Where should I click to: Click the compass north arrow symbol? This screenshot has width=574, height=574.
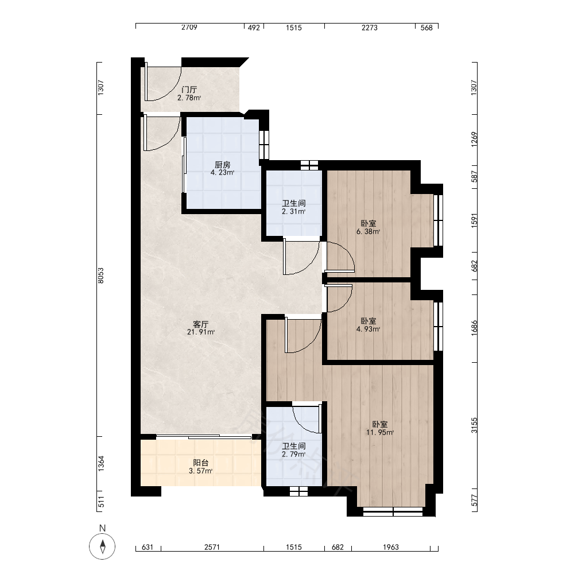click(x=103, y=546)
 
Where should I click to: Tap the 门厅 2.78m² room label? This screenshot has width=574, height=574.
click(x=189, y=94)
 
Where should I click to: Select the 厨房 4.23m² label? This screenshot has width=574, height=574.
click(x=223, y=168)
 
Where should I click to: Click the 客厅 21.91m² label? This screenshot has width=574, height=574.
click(x=201, y=328)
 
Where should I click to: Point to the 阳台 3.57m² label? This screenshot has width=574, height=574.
click(x=201, y=467)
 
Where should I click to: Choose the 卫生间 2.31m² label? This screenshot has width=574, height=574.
click(x=293, y=207)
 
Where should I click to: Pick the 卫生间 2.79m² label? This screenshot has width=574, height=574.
click(x=293, y=450)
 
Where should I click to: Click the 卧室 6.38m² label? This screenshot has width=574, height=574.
click(x=369, y=227)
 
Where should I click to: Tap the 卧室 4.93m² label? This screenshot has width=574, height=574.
click(x=369, y=325)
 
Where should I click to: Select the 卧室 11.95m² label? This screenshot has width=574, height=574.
click(x=380, y=428)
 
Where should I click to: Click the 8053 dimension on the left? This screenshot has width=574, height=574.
click(x=101, y=276)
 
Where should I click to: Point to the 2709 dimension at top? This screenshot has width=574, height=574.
click(x=189, y=27)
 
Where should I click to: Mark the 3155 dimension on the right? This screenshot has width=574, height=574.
click(x=475, y=425)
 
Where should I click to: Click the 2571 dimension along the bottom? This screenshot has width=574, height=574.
click(x=212, y=547)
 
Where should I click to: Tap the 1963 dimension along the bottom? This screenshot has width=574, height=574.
click(x=390, y=547)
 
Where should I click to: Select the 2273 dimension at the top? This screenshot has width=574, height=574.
click(x=369, y=27)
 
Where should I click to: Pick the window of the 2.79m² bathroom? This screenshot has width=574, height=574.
click(x=298, y=491)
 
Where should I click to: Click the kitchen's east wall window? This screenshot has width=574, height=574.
click(x=264, y=145)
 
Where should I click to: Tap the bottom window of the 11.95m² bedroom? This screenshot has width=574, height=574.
click(x=393, y=511)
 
